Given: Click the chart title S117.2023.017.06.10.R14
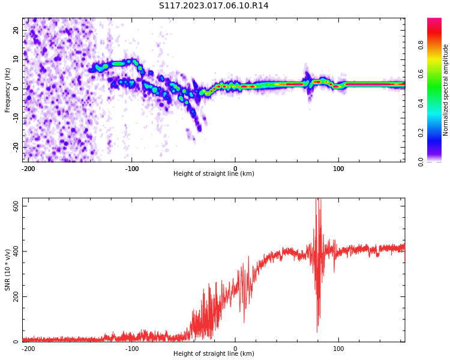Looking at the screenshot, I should click(x=214, y=6).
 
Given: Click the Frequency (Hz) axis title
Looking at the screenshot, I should click(x=8, y=90).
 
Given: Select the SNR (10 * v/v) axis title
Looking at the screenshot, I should click(x=8, y=270).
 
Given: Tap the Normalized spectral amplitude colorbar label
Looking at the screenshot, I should click(x=446, y=90).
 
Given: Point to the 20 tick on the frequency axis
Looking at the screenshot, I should click(x=16, y=30).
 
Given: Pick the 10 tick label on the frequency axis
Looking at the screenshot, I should click(x=16, y=59).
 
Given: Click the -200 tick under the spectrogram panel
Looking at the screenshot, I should click(x=28, y=169).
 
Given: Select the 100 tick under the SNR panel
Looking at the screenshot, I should click(x=338, y=349).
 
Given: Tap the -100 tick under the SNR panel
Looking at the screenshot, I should click(x=132, y=349).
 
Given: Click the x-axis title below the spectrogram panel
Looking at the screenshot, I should click(x=214, y=174).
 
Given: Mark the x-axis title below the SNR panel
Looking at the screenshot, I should click(x=214, y=354).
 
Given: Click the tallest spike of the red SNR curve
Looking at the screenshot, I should click(x=317, y=200).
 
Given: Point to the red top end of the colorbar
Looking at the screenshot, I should click(x=434, y=21).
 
